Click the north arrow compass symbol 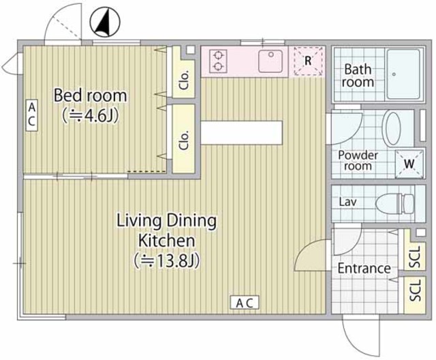(x=102, y=24)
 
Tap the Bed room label (x=91, y=95)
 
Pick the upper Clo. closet (x=184, y=76)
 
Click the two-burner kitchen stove (x=218, y=61)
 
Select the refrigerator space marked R (x=307, y=61)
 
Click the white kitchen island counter (x=241, y=132)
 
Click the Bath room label (x=358, y=76)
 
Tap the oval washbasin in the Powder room (x=394, y=127)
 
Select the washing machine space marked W (x=407, y=164)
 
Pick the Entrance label (x=364, y=269)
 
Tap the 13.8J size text (x=167, y=260)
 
